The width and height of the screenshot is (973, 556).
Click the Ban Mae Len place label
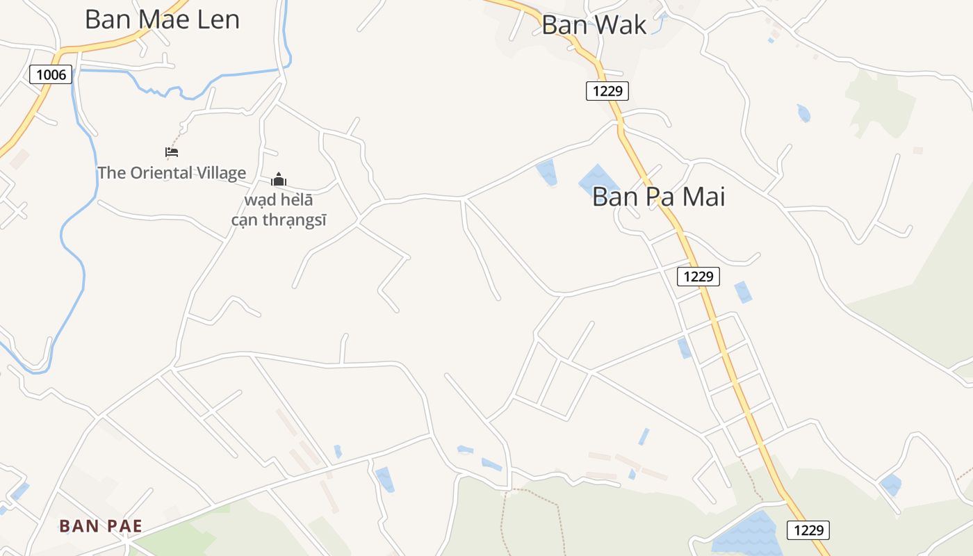point(162,19)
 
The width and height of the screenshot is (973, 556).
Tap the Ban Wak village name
point(594,25)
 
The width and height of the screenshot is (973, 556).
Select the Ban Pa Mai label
point(658,197)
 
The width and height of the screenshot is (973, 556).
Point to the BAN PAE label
point(101,526)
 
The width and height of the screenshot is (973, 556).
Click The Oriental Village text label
point(172,173)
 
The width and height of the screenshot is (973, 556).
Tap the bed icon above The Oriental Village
point(172,152)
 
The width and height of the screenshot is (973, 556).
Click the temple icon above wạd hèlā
point(279,180)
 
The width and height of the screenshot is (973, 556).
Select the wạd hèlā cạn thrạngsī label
point(279,211)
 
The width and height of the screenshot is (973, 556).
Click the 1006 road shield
point(51,74)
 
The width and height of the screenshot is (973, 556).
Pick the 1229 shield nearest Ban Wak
point(607,91)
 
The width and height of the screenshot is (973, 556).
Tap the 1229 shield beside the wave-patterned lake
point(808,530)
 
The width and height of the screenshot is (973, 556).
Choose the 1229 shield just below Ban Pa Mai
point(698,277)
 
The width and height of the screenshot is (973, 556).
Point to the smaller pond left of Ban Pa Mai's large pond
point(547,172)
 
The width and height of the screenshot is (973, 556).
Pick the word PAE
point(124,526)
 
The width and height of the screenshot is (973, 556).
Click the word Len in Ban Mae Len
point(215,19)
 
